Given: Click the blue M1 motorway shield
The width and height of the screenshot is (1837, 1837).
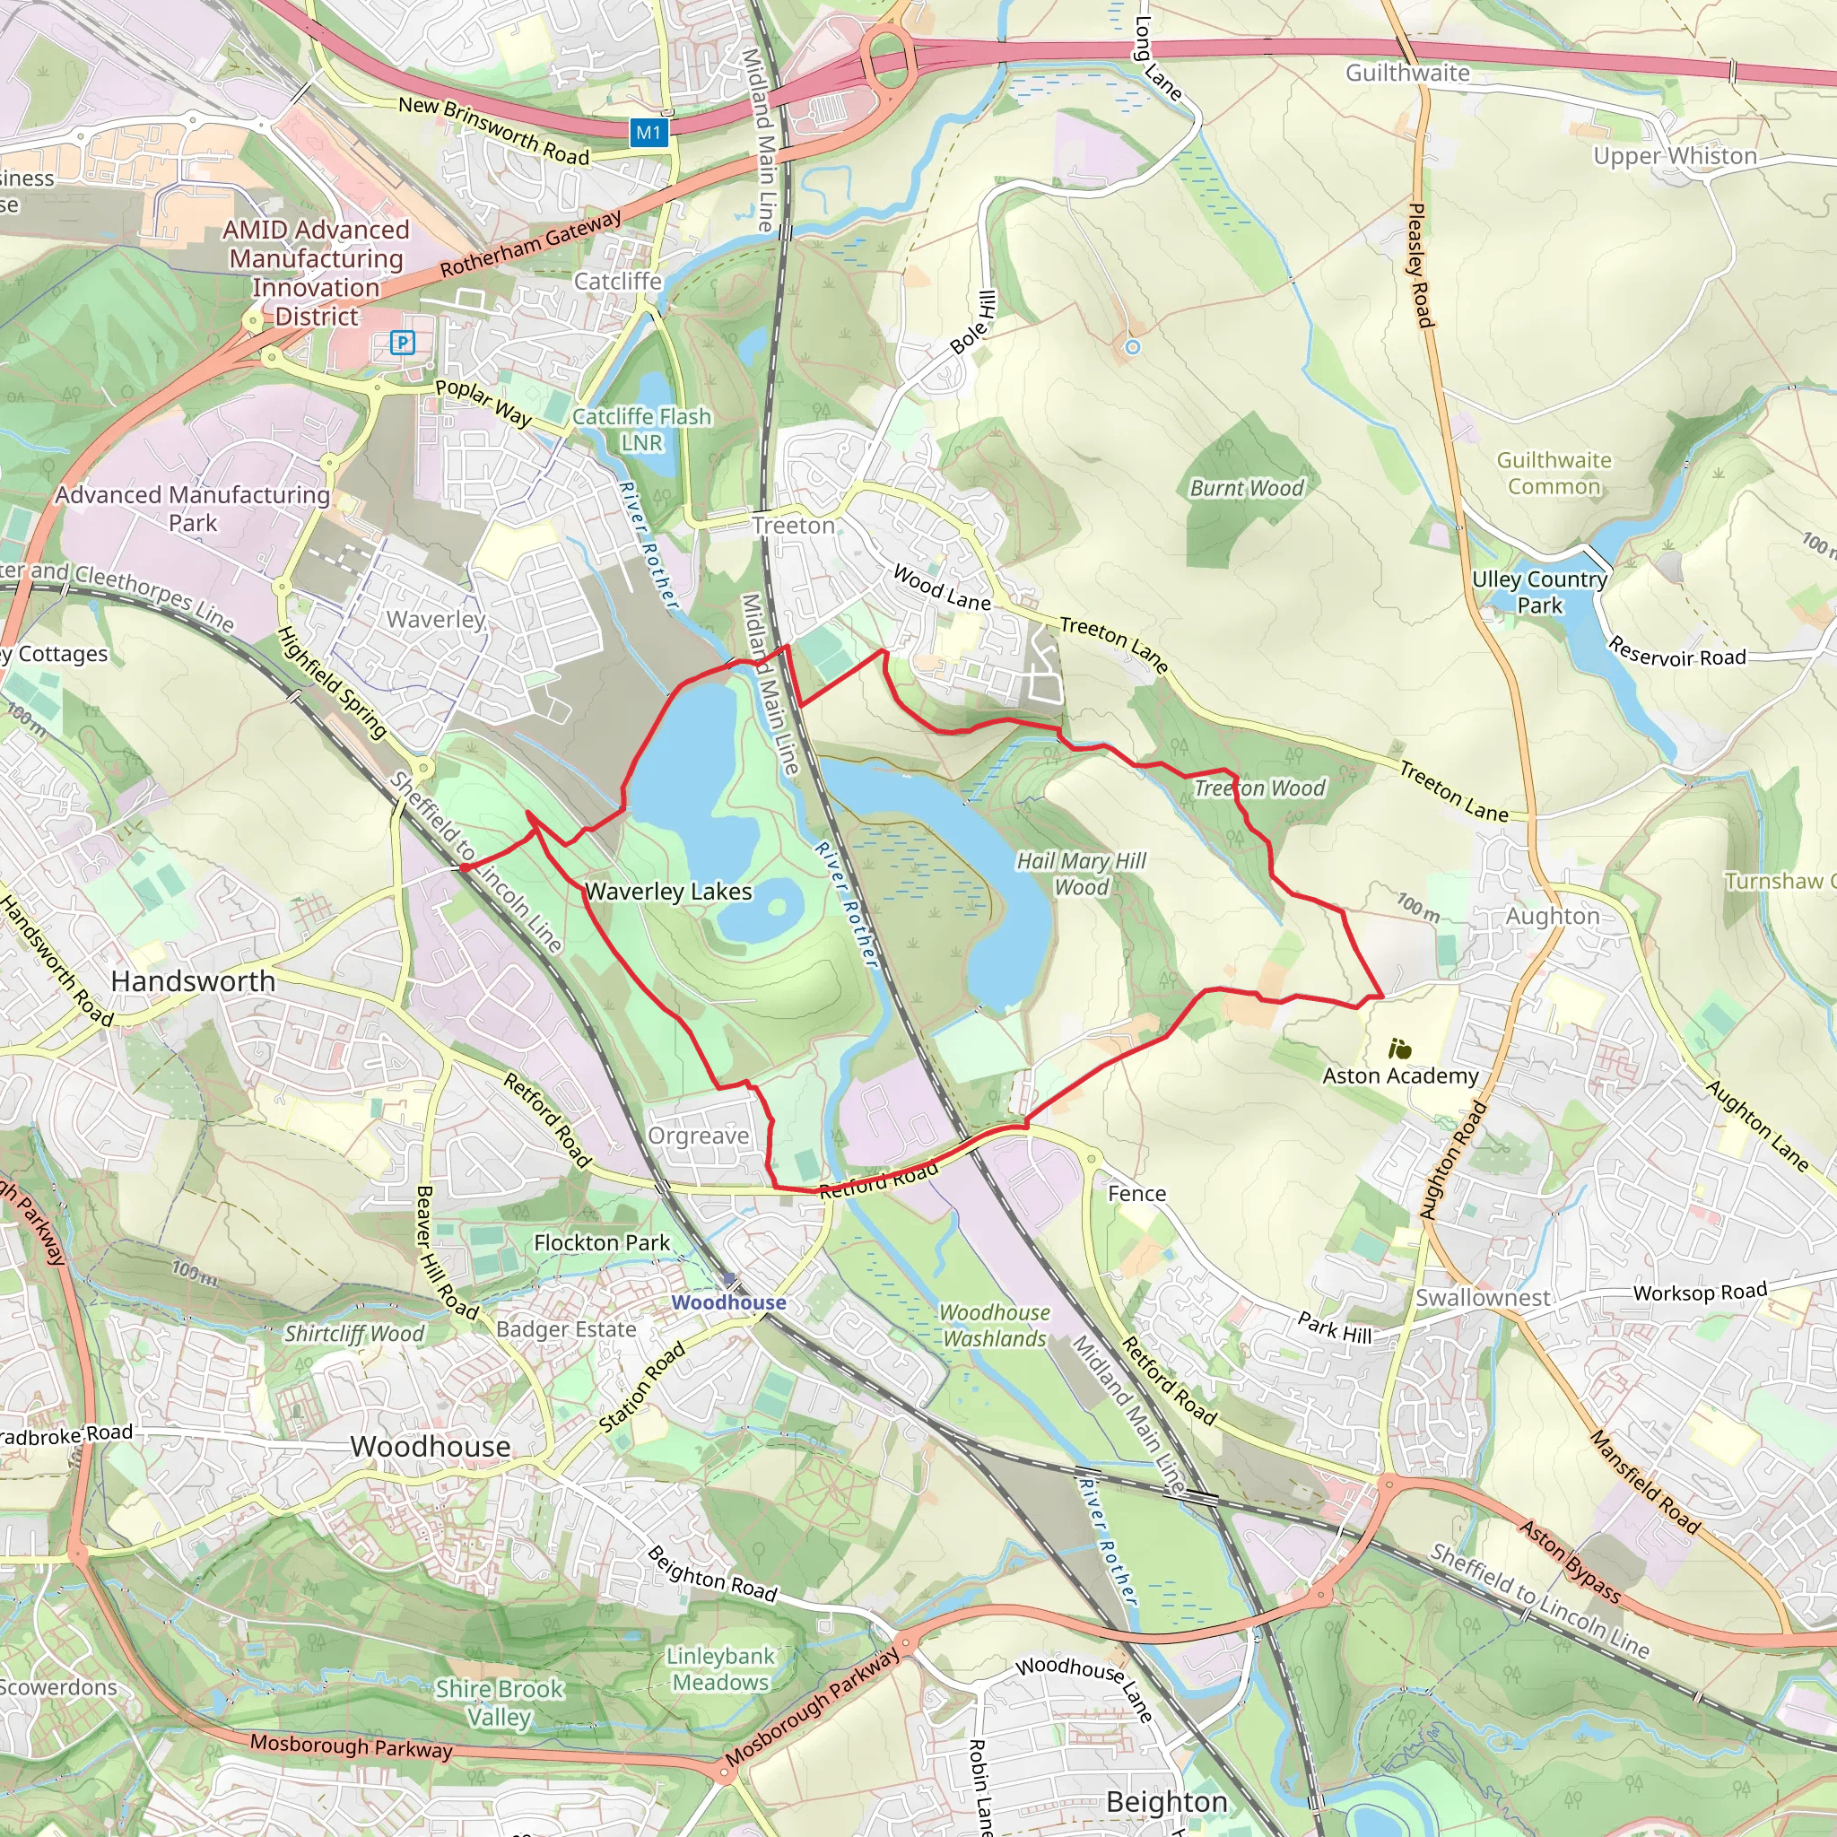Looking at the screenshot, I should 649,132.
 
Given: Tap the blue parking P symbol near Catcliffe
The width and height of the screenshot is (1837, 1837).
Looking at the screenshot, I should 402,343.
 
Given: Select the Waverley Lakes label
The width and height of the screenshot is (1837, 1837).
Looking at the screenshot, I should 667,892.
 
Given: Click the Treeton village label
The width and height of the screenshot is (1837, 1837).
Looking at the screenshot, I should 793,526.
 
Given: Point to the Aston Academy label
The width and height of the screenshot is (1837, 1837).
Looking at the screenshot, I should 1399,1075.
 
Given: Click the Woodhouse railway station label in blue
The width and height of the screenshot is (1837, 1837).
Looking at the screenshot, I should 728,1302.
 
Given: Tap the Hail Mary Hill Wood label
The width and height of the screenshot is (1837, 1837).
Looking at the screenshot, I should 1081,874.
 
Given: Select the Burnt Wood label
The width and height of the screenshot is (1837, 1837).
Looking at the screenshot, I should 1247,489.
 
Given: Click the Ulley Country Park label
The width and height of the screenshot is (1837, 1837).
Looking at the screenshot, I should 1538,591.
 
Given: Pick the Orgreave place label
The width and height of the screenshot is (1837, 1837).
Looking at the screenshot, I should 698,1136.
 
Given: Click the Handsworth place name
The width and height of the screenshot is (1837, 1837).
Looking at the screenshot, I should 193,981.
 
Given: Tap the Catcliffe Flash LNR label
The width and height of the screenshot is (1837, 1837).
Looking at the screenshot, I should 642,430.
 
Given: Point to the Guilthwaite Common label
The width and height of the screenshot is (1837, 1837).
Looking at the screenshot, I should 1554,474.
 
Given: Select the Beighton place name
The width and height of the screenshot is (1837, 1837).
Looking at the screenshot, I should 1167,1802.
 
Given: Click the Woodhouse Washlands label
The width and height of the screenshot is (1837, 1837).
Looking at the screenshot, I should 994,1326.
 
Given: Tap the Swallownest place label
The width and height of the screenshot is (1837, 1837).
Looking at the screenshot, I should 1483,1298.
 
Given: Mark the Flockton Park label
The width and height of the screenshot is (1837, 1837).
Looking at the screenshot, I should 601,1242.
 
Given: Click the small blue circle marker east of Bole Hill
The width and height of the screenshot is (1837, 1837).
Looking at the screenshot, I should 1131,348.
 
